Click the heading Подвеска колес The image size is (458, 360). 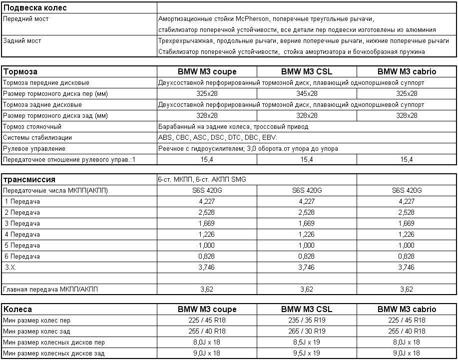[35, 7]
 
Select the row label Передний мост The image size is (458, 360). [26, 19]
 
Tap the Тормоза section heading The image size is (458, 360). [20, 71]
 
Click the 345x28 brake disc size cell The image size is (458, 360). [307, 93]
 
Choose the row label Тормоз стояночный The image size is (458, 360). [32, 126]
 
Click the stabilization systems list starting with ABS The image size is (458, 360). [217, 137]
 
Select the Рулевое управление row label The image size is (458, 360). [34, 148]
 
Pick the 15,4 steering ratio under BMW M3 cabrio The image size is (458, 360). [407, 159]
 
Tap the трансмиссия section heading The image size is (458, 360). [29, 180]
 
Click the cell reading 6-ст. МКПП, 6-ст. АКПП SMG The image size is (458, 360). [202, 180]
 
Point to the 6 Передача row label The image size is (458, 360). [22, 256]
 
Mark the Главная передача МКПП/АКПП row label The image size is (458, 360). [50, 289]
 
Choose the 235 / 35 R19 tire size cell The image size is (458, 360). [307, 320]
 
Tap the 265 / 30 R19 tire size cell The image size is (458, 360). [307, 331]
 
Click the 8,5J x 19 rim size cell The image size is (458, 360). [307, 342]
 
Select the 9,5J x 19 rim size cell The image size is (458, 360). [307, 353]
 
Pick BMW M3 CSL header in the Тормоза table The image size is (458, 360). [307, 71]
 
